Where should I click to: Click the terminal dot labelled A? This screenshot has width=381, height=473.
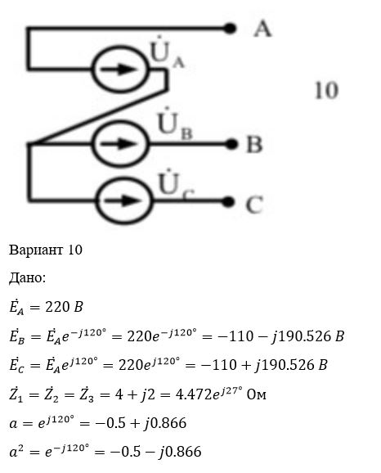[x=230, y=29]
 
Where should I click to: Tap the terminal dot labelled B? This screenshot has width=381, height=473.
[x=231, y=144]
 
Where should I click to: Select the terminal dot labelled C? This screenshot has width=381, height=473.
[x=228, y=201]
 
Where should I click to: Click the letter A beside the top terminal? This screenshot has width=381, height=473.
[x=262, y=29]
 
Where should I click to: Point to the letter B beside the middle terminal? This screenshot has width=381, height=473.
[x=255, y=144]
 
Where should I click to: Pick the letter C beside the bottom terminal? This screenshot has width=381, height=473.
[x=254, y=205]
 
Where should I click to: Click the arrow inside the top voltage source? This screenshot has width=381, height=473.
[x=119, y=69]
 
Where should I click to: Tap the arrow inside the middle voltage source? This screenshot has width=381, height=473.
[x=119, y=143]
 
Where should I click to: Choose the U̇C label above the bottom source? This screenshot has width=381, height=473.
[x=176, y=185]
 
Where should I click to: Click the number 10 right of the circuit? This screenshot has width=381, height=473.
[x=326, y=90]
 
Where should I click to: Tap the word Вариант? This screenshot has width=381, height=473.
[x=37, y=250]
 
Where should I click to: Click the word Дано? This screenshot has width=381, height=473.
[x=27, y=278]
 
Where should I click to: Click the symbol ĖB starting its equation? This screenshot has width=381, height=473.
[x=17, y=336]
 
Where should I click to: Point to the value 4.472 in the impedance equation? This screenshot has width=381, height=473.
[x=194, y=394]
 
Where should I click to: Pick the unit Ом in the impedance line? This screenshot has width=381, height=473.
[x=257, y=394]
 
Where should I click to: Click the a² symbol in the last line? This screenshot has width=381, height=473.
[x=17, y=451]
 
